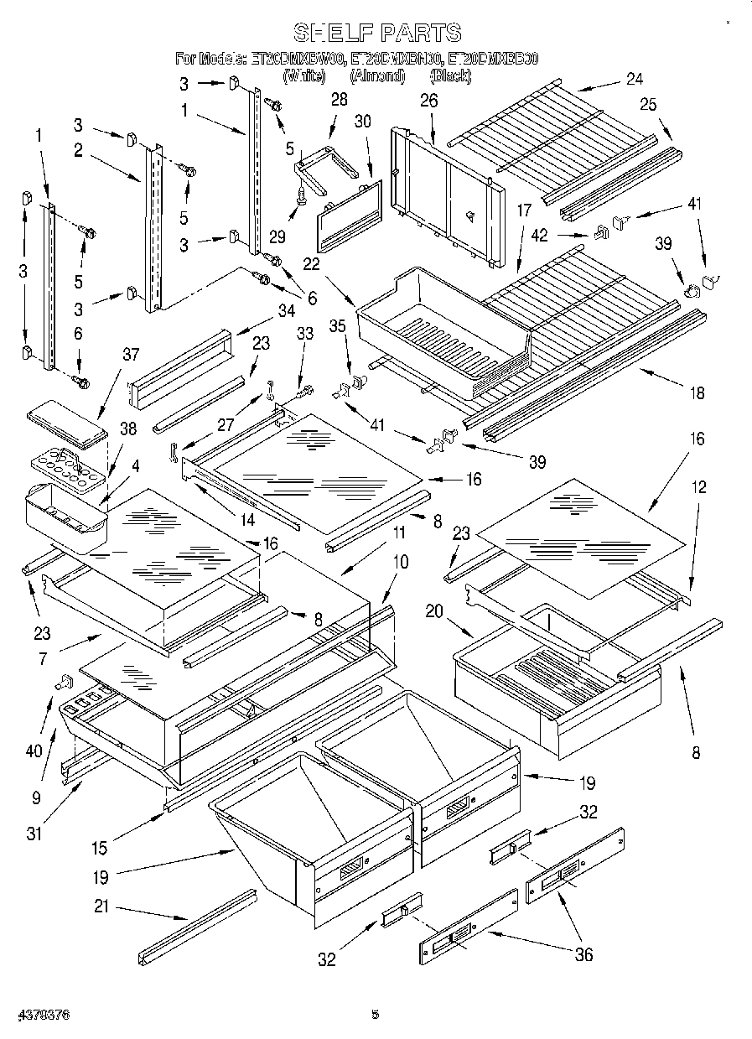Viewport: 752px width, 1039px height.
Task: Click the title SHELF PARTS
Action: (376, 33)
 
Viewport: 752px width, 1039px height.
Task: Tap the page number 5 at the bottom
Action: (376, 1015)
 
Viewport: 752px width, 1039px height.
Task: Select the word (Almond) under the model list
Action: (376, 76)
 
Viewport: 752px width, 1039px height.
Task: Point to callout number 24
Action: (634, 79)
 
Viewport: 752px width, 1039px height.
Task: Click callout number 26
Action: (428, 101)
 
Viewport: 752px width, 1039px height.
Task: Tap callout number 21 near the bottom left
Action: (101, 907)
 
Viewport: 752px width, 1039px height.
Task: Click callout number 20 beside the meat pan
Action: (433, 611)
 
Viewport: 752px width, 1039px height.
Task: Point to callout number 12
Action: (698, 487)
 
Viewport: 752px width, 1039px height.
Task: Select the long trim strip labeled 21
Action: (198, 927)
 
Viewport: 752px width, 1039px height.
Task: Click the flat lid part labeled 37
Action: (67, 420)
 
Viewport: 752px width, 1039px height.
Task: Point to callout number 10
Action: (402, 562)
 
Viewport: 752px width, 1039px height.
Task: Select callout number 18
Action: (698, 392)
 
